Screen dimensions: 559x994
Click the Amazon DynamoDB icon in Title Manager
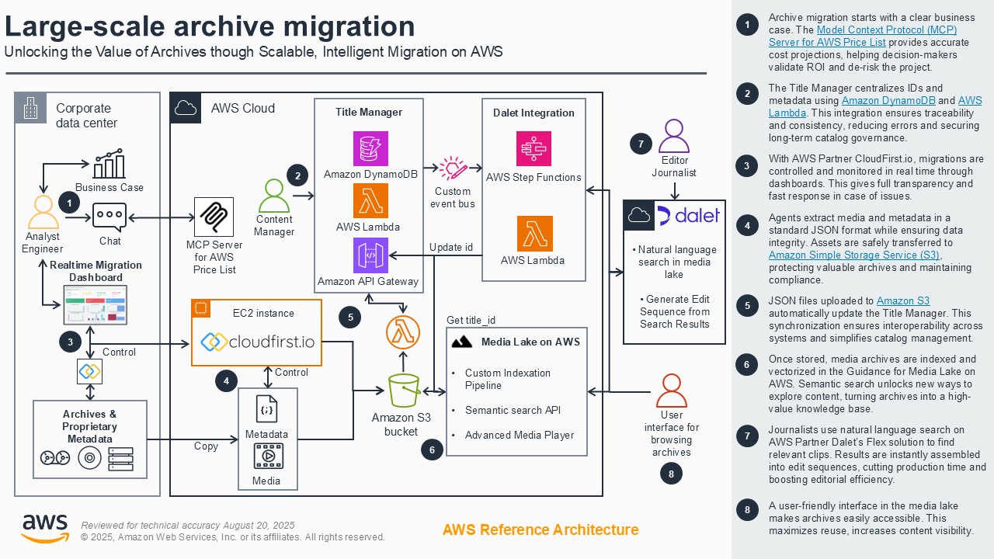pyautogui.click(x=370, y=148)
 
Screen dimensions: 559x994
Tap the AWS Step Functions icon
pyautogui.click(x=533, y=148)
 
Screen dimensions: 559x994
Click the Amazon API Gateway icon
pyautogui.click(x=370, y=255)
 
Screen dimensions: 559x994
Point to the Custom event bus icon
pyautogui.click(x=453, y=168)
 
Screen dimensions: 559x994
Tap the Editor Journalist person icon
pyautogui.click(x=673, y=137)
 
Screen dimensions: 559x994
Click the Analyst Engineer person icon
pyautogui.click(x=42, y=213)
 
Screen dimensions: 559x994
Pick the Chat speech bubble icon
pyautogui.click(x=109, y=217)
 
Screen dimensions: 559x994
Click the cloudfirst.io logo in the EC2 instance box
pyautogui.click(x=257, y=341)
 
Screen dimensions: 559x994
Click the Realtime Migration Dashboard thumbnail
pyautogui.click(x=96, y=304)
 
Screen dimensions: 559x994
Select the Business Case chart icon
pyautogui.click(x=109, y=165)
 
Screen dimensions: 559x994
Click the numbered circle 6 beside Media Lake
pyautogui.click(x=432, y=449)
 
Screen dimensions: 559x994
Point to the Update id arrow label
pyautogui.click(x=451, y=248)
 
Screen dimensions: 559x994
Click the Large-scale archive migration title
pyautogui.click(x=210, y=26)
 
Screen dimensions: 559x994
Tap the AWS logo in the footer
pyautogui.click(x=44, y=528)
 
